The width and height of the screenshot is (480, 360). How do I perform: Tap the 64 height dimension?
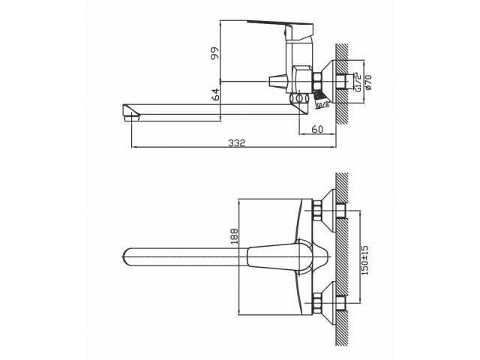pos(215,95)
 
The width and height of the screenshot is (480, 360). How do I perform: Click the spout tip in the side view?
pos(131,115)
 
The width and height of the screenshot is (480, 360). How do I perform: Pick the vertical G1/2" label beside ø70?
pos(358,81)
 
